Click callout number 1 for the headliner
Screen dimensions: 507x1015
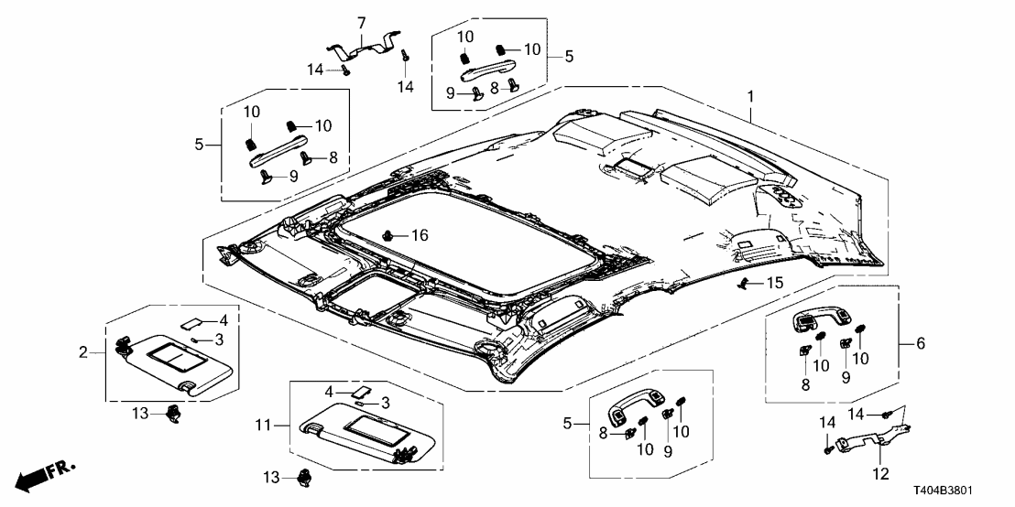751,95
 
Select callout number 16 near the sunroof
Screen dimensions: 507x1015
420,237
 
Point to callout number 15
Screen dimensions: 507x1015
775,284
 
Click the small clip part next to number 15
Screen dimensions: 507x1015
748,284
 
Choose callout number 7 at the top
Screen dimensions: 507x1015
360,21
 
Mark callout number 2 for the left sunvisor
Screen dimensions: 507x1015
82,351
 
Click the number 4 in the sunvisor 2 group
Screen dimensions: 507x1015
221,320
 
